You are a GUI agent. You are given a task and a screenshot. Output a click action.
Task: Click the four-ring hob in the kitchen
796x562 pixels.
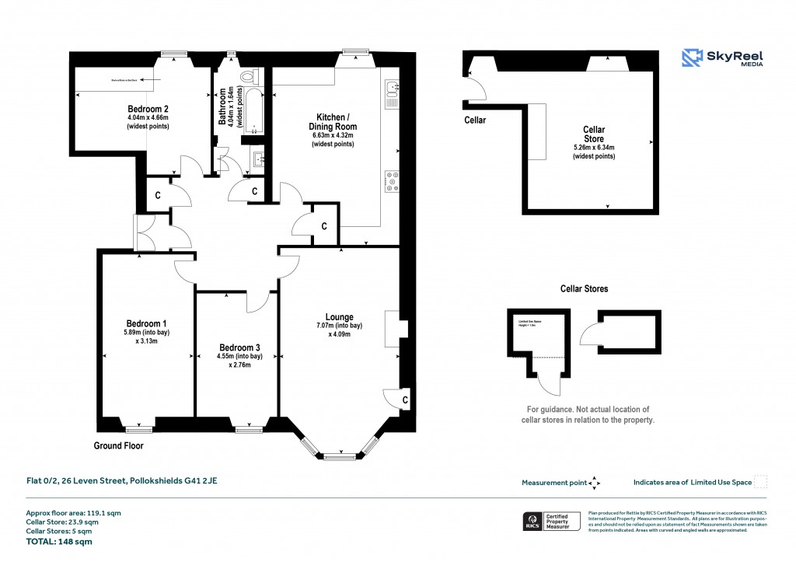point(392,180)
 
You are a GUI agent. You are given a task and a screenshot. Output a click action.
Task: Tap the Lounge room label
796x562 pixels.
point(340,317)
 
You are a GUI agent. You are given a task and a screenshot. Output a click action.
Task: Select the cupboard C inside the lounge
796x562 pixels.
point(406,400)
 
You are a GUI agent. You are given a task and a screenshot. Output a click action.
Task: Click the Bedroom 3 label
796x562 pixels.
point(239,347)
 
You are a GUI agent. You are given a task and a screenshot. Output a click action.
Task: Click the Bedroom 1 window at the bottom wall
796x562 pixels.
point(139,427)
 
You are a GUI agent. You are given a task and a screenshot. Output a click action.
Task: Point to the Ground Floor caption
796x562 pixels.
point(118,446)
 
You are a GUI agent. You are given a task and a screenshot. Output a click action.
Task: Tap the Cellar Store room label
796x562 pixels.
point(593,134)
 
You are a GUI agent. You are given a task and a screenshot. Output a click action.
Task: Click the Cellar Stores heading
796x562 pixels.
point(585,289)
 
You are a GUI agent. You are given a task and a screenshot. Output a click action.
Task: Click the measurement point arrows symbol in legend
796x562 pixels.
point(595,483)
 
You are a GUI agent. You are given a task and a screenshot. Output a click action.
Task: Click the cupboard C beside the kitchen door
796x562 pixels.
point(323,226)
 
